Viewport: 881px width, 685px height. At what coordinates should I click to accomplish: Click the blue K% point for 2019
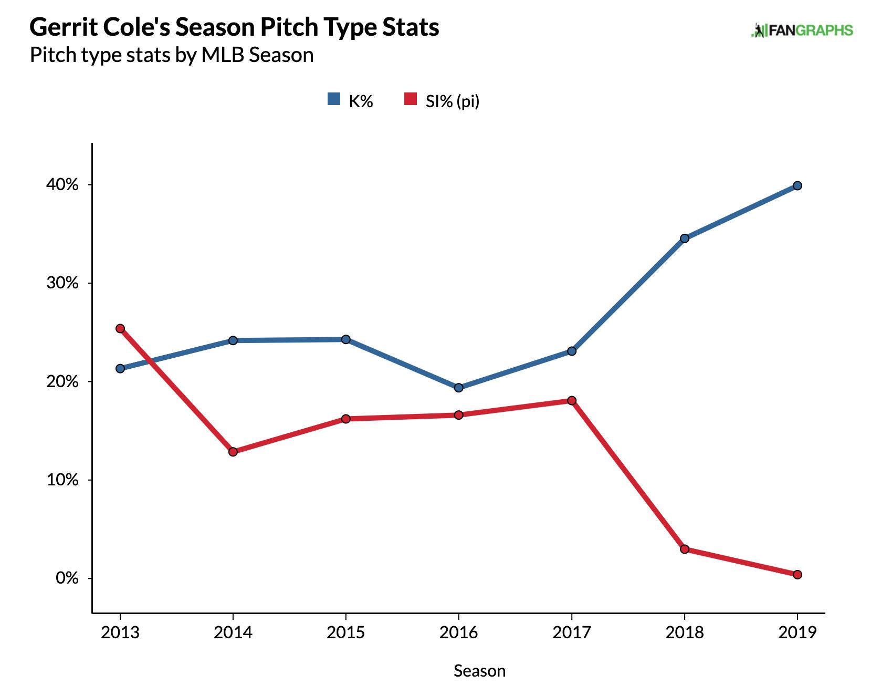[797, 185]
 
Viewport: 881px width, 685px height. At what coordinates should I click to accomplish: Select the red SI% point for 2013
[120, 328]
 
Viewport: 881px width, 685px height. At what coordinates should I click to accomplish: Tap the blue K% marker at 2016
[458, 388]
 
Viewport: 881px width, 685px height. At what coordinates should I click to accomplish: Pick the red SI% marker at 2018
[684, 549]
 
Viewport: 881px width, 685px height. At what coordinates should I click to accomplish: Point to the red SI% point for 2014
[233, 452]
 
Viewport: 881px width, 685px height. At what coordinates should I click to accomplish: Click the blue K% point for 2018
[684, 238]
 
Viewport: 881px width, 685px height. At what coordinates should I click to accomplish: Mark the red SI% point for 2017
[572, 400]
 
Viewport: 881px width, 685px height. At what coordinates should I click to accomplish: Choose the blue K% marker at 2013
[120, 368]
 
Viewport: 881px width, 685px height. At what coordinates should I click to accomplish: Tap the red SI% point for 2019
[797, 575]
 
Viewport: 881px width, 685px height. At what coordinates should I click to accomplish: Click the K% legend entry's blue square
[333, 99]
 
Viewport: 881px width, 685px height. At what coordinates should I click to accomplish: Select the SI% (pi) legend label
[452, 101]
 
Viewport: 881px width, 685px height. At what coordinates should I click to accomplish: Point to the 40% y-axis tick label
[62, 185]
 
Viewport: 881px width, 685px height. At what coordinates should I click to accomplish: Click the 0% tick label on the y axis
[67, 578]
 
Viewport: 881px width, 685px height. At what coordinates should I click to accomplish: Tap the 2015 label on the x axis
[345, 632]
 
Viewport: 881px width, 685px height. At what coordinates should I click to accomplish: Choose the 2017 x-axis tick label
[572, 632]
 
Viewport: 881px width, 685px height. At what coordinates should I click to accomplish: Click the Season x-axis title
[479, 671]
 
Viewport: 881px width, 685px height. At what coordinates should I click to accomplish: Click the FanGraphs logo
[802, 30]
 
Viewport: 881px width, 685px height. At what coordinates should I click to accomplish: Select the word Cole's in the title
[135, 27]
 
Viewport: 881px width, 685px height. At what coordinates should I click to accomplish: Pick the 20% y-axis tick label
[62, 381]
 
